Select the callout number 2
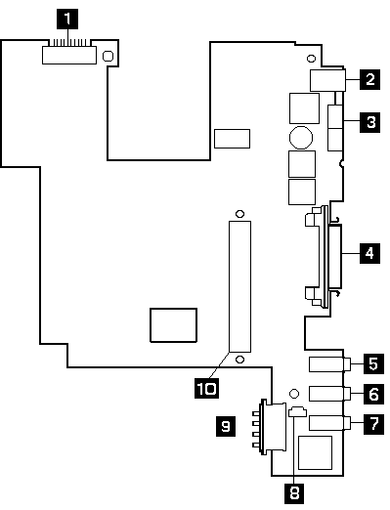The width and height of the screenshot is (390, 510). [368, 79]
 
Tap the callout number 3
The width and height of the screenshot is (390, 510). [368, 122]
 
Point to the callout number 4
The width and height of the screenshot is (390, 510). [368, 254]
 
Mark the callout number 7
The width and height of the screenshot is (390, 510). [372, 424]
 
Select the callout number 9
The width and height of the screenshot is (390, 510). [226, 425]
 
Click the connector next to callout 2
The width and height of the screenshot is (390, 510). [326, 80]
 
